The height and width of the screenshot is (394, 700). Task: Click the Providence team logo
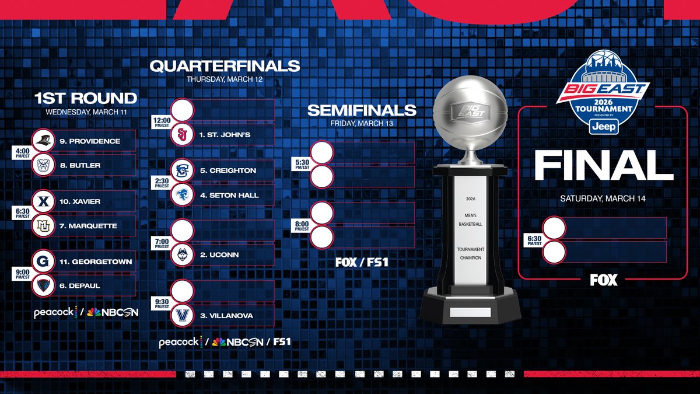(44, 141)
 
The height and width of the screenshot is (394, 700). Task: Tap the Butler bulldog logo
(44, 165)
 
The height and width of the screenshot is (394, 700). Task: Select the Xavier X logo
(44, 201)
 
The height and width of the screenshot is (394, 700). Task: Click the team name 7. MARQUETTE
(88, 226)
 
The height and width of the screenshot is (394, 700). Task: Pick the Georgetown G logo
(44, 261)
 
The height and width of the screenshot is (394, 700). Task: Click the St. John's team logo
(181, 135)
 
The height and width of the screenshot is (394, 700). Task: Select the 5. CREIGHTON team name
(228, 170)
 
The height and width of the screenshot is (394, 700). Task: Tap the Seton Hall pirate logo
(181, 195)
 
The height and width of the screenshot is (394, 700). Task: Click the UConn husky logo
(181, 254)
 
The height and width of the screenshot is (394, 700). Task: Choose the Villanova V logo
(181, 315)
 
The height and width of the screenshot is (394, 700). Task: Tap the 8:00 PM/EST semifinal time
(302, 225)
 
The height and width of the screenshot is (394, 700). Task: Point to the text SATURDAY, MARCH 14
(604, 198)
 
